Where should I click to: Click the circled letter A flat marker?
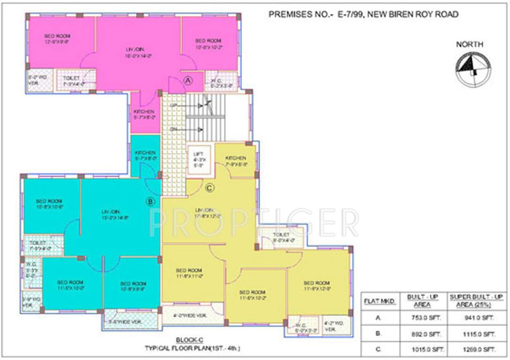tap(188, 80)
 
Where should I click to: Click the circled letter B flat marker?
tap(150, 202)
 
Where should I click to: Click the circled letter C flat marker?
tap(210, 188)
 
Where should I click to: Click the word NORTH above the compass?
tap(470, 45)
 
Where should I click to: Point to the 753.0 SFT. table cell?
tap(422, 318)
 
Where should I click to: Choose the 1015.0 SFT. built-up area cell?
tap(422, 349)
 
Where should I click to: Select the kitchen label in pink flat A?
tap(144, 114)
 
